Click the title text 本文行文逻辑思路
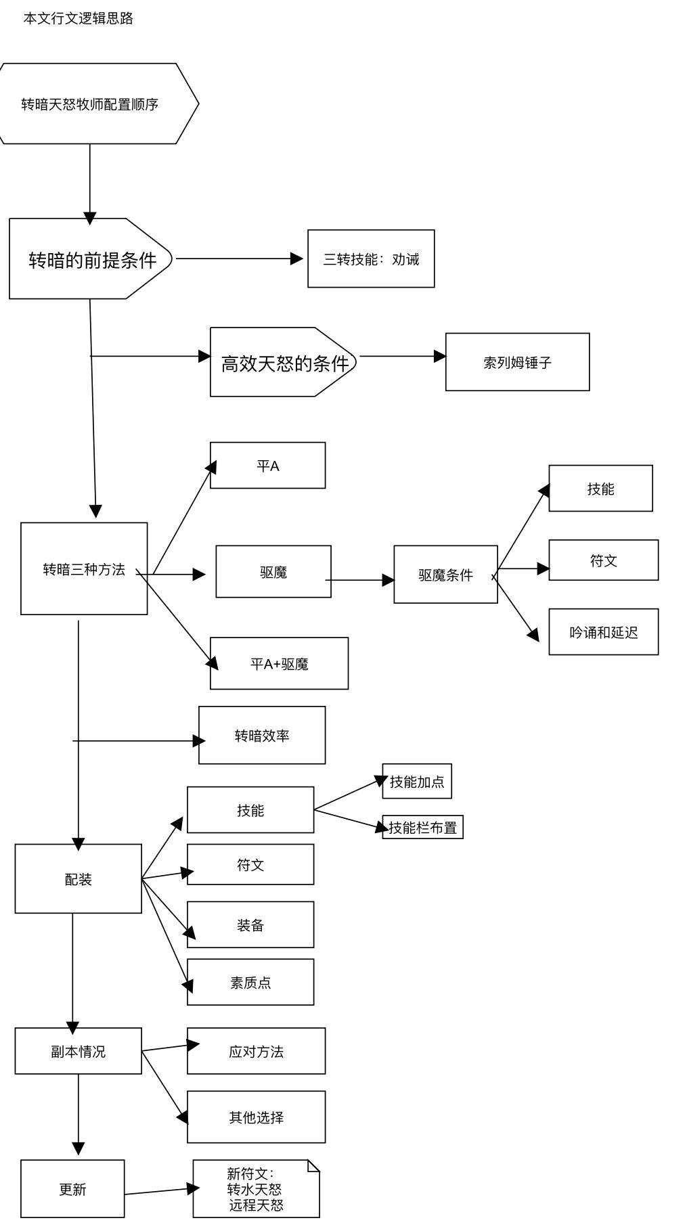[78, 19]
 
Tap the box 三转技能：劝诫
[371, 259]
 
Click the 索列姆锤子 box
[517, 363]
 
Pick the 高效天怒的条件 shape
[283, 363]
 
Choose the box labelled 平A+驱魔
[279, 664]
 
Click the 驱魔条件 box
[445, 575]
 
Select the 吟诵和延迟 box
[603, 632]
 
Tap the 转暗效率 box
[262, 736]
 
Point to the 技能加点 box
[417, 782]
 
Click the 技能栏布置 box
[422, 827]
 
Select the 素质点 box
[250, 982]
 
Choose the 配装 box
[79, 879]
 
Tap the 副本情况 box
[79, 1051]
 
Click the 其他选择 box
[256, 1117]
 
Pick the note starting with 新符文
[256, 1189]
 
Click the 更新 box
[72, 1189]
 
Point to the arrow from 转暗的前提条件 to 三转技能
[237, 259]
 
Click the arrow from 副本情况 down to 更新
[79, 1113]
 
